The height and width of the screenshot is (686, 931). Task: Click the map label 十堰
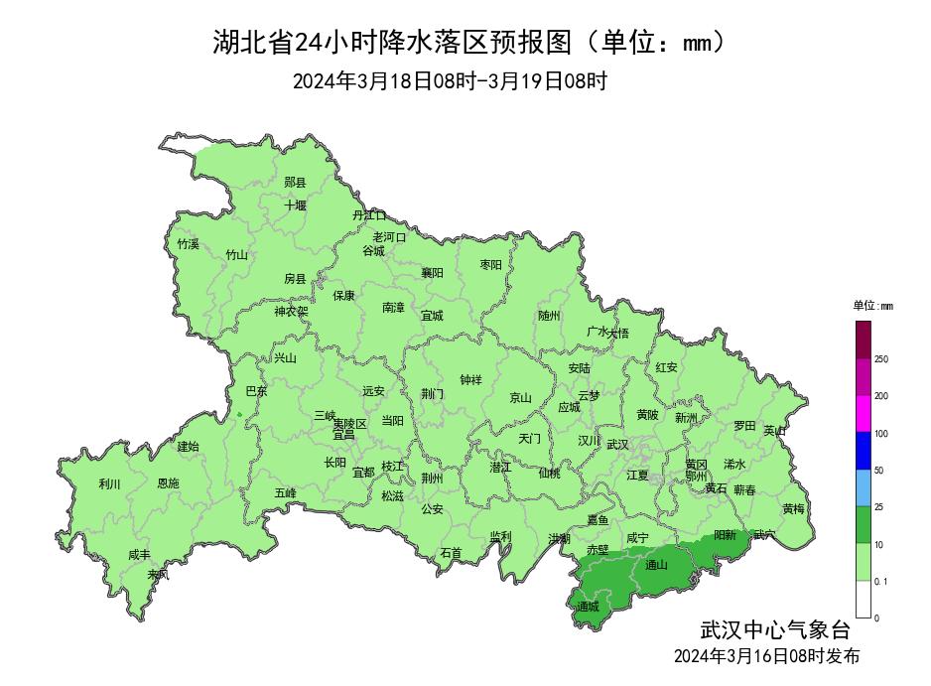[x=295, y=206]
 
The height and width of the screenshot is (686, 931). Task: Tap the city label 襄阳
[x=432, y=272]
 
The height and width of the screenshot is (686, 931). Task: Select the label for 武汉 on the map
[x=617, y=444]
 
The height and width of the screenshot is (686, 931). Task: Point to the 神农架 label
[x=291, y=311]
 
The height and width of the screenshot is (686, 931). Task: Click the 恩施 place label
[x=169, y=483]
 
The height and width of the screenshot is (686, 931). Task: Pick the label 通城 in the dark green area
[x=588, y=606]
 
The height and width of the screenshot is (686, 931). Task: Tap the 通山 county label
[x=656, y=565]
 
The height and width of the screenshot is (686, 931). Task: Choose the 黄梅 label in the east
[x=793, y=508]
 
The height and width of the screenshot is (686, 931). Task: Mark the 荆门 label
[x=432, y=394]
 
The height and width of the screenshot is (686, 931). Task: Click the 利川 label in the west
[x=109, y=484]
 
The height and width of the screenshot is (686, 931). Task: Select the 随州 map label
[x=549, y=316]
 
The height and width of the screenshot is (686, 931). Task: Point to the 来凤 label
[x=158, y=574]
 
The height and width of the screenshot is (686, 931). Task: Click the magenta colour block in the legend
[x=863, y=413]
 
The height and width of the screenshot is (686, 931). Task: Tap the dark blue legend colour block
[x=863, y=451]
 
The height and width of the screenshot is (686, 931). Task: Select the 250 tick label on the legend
[x=881, y=359]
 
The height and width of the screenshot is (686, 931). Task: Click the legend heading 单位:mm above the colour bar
[x=872, y=306]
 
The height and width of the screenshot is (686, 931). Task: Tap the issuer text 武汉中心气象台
[x=775, y=629]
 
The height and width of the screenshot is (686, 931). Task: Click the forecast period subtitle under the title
[x=450, y=81]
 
